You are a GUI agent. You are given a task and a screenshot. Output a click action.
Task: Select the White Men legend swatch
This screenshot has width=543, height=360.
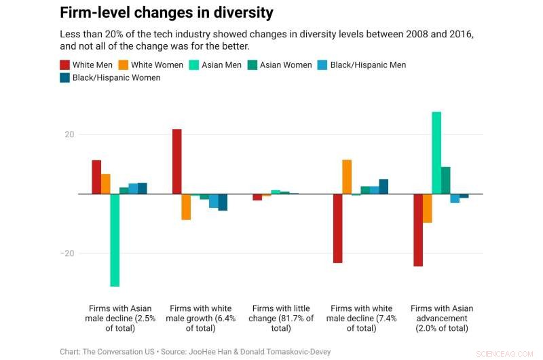point(65,65)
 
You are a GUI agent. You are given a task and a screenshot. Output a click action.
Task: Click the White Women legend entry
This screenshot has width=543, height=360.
point(151,65)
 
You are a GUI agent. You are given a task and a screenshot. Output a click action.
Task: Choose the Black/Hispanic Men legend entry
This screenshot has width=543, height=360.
point(362,65)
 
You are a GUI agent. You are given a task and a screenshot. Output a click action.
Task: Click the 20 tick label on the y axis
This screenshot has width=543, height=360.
point(69,134)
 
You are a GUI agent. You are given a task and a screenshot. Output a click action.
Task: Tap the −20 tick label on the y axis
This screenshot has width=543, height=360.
point(67,253)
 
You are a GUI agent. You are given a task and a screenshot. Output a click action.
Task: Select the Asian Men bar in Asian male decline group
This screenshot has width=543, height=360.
point(115,240)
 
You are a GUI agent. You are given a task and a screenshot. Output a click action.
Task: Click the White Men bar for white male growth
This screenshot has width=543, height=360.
point(176,162)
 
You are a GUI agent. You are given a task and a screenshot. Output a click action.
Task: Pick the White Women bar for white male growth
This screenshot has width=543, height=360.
point(186,207)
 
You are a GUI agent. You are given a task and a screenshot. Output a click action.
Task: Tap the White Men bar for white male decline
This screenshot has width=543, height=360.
point(337,228)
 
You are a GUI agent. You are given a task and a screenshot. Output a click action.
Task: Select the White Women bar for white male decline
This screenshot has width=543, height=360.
point(347,177)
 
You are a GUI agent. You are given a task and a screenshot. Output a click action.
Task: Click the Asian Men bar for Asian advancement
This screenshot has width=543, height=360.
point(436,153)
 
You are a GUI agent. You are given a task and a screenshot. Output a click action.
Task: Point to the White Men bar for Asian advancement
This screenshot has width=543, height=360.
point(418,230)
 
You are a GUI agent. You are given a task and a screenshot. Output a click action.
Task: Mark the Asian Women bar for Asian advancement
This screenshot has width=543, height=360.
point(446,180)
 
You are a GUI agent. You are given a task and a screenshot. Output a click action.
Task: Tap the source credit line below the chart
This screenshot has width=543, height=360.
point(195,352)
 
